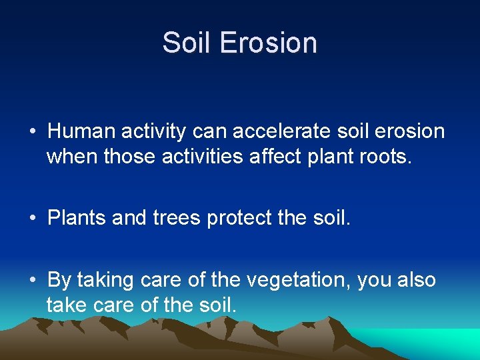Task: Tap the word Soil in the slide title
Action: point(188,43)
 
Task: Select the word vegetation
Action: point(299,280)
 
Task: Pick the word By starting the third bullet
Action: point(59,281)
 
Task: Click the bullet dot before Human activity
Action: point(32,132)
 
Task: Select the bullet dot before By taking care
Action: point(32,281)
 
